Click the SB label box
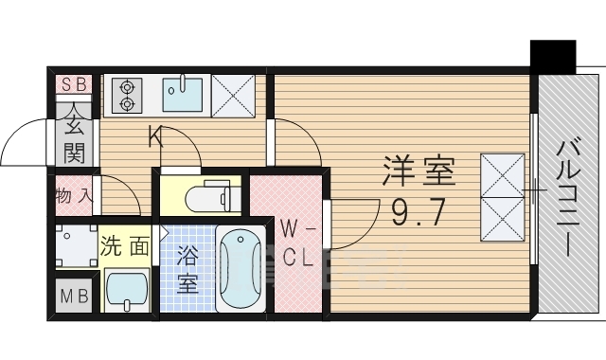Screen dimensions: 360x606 click(74, 83)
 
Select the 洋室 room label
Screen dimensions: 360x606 click(419, 172)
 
